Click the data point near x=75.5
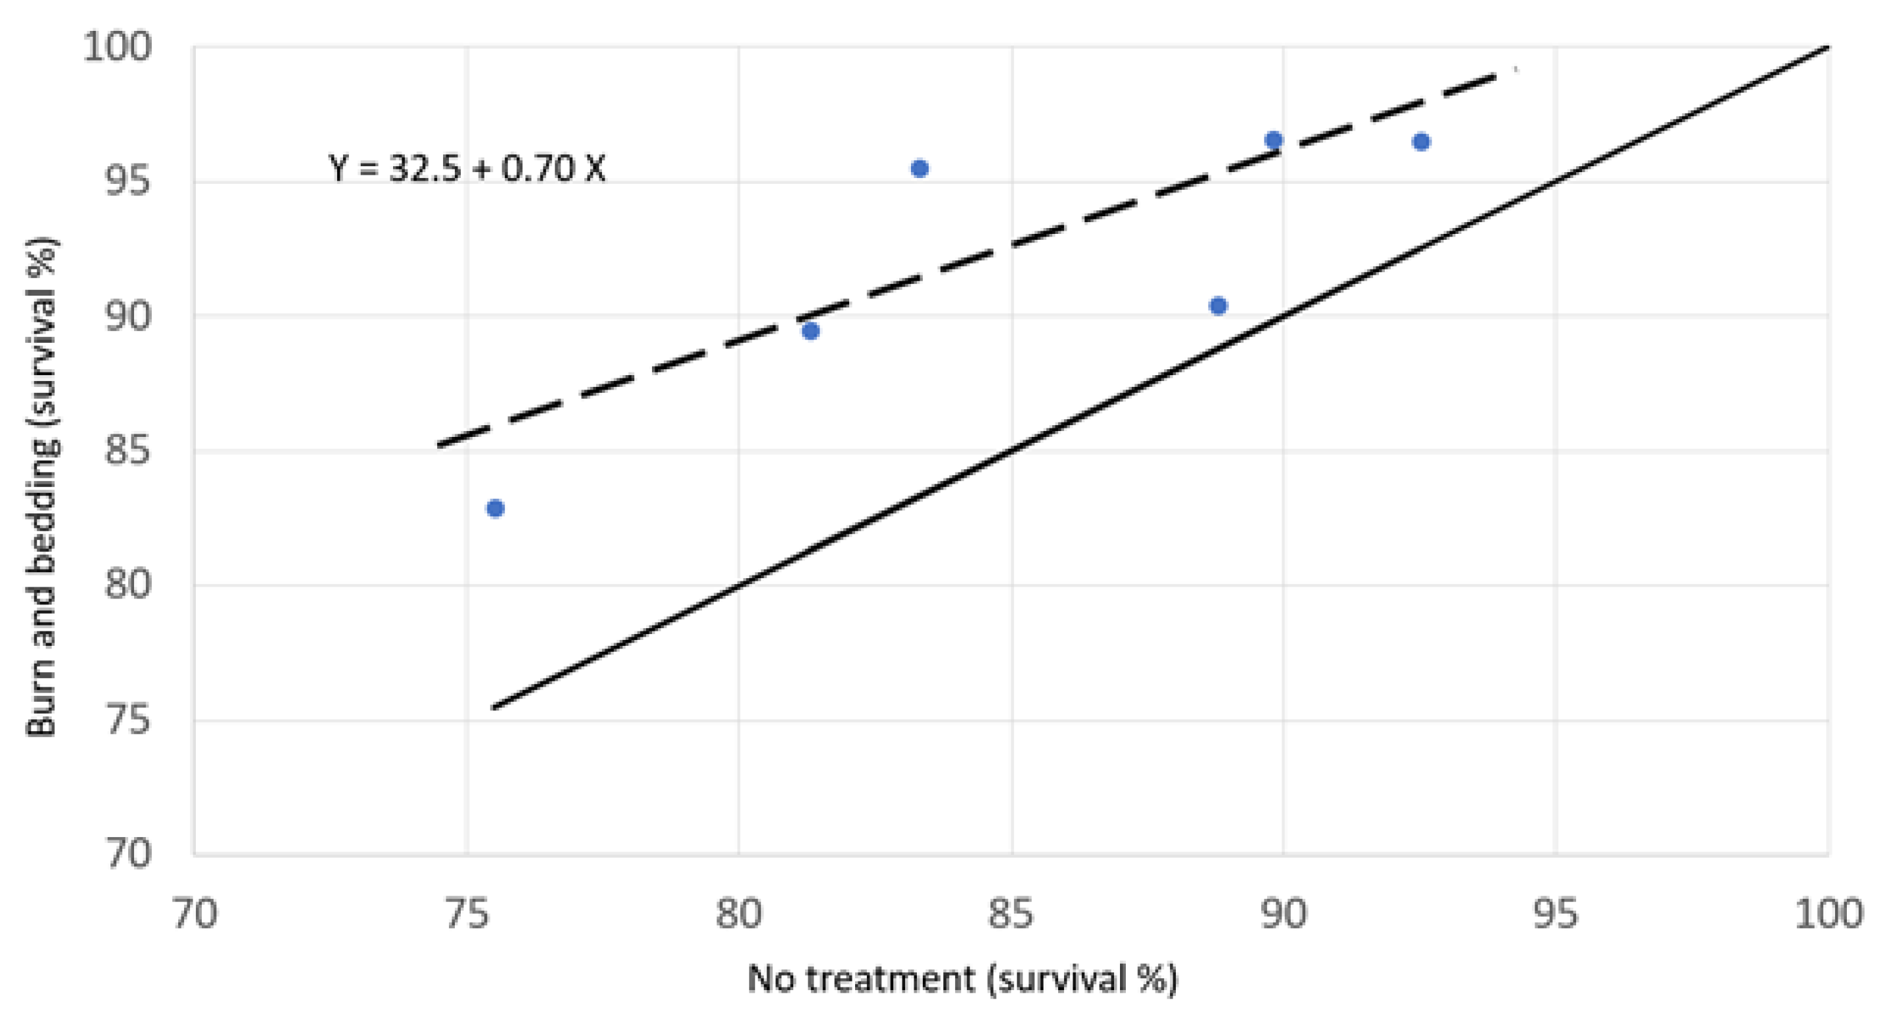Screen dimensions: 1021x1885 pyautogui.click(x=496, y=509)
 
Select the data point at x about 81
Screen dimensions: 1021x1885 pyautogui.click(x=810, y=331)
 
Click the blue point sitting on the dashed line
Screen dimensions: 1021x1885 pyautogui.click(x=1273, y=140)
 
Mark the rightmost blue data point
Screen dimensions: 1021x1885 pyautogui.click(x=1421, y=142)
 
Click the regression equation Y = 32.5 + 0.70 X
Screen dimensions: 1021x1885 pyautogui.click(x=467, y=169)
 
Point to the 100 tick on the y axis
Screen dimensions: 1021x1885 pyautogui.click(x=117, y=47)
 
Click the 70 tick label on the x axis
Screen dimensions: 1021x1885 pyautogui.click(x=195, y=914)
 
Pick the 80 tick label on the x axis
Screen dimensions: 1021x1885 pyautogui.click(x=739, y=914)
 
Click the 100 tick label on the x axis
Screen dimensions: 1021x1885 pyautogui.click(x=1828, y=914)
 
